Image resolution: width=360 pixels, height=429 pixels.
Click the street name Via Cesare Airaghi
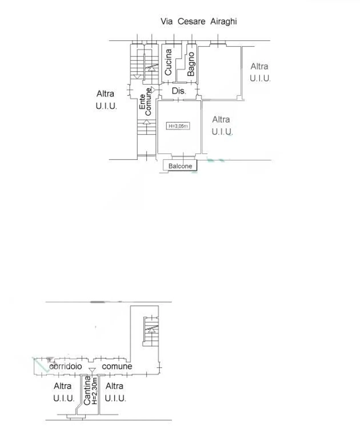(199, 21)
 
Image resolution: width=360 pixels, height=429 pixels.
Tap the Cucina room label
(168, 62)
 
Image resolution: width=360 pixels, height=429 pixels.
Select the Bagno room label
(191, 64)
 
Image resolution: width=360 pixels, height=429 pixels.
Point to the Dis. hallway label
(179, 91)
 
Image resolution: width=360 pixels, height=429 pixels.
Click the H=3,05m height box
(178, 126)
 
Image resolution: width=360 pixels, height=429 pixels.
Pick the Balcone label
(180, 166)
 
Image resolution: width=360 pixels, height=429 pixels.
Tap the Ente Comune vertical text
(145, 102)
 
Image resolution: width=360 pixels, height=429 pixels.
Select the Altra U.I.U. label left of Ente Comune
(106, 100)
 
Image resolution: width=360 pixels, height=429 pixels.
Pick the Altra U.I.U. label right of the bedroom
(222, 126)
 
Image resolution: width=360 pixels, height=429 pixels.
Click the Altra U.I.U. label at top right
(260, 72)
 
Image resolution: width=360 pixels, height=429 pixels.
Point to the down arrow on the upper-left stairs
(137, 77)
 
